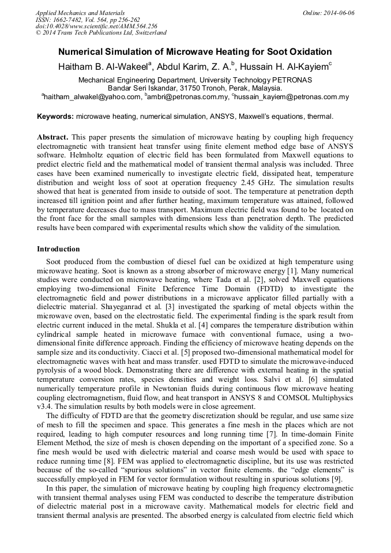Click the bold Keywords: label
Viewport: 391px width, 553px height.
pos(55,116)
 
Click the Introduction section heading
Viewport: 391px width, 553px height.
pos(58,249)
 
